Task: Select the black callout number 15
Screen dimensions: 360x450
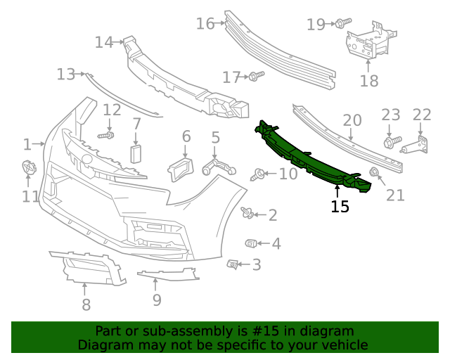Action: [340, 207]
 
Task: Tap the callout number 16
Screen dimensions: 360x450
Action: [205, 24]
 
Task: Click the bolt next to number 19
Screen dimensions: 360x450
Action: [340, 24]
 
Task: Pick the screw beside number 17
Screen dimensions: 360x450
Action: [256, 75]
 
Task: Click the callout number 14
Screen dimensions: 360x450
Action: [104, 43]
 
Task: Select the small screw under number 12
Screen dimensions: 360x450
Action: [107, 134]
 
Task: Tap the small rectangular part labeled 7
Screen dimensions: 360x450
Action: [136, 155]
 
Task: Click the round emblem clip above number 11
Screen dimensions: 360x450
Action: [29, 168]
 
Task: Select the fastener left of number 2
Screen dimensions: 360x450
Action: [247, 212]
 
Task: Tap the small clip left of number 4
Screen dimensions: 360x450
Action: [250, 243]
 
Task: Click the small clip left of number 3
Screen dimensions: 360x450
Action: [231, 264]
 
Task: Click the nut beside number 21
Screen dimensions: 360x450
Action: [374, 172]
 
